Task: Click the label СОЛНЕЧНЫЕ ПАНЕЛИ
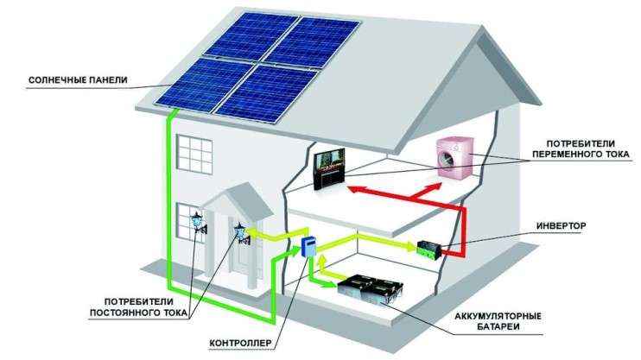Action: point(78,80)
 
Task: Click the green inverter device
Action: point(430,249)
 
